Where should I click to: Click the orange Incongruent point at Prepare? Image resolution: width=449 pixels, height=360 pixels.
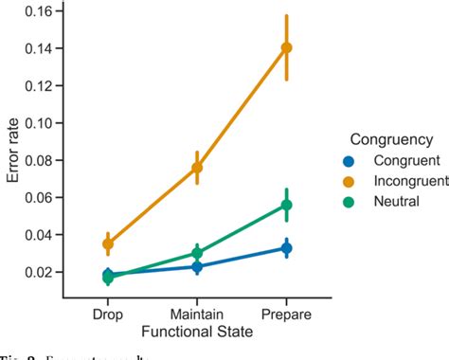tap(287, 47)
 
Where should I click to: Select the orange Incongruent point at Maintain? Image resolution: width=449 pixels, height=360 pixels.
tap(197, 168)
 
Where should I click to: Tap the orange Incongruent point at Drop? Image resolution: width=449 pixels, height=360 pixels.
tap(108, 243)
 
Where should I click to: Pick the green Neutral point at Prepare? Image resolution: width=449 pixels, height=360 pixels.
tap(287, 205)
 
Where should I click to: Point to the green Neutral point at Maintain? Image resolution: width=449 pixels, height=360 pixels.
tap(197, 253)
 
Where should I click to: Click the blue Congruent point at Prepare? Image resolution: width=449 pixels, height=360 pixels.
tap(287, 248)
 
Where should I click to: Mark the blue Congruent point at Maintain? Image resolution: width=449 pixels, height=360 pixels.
tap(197, 267)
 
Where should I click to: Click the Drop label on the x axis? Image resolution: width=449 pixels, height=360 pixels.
tap(108, 312)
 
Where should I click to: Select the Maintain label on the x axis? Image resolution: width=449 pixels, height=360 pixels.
tap(197, 312)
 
